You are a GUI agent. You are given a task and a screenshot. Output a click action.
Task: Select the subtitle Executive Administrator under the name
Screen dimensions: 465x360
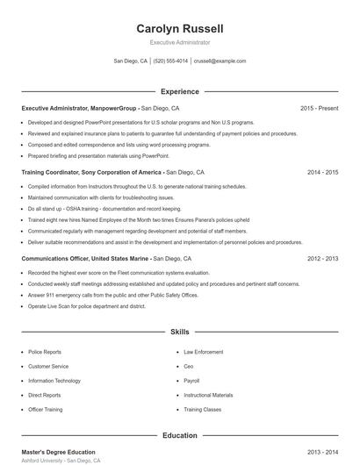tap(180, 42)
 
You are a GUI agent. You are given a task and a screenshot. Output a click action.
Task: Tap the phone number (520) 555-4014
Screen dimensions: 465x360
tap(170, 61)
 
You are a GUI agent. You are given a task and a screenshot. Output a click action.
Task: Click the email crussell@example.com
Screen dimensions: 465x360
tap(220, 61)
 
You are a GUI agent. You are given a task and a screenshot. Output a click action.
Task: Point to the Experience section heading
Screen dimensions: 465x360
tap(180, 91)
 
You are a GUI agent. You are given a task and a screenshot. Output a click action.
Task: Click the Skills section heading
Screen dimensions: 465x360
tap(180, 333)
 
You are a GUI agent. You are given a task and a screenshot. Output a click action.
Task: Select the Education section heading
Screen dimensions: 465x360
tap(180, 435)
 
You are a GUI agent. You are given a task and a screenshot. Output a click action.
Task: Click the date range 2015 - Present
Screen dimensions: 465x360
tap(319, 108)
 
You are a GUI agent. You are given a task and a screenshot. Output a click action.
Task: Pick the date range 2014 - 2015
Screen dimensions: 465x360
tap(322, 173)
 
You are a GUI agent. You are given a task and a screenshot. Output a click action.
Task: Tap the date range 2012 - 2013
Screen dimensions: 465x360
tap(322, 259)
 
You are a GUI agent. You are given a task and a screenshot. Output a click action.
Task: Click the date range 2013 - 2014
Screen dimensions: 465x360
tap(322, 451)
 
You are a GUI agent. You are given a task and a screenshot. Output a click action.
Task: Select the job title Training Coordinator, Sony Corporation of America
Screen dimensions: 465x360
tap(91, 173)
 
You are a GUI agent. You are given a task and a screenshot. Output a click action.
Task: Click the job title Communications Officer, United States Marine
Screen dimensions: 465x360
tap(86, 259)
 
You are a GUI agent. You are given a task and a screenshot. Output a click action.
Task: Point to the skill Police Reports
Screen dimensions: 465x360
tap(45, 352)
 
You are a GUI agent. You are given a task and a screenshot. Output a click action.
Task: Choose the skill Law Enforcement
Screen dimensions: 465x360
tap(203, 352)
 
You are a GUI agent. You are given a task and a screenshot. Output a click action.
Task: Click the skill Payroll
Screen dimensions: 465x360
tap(191, 381)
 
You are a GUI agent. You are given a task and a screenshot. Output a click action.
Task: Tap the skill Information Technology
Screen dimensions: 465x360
tap(54, 381)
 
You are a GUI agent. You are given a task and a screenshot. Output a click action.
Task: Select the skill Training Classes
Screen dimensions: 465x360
tap(203, 410)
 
